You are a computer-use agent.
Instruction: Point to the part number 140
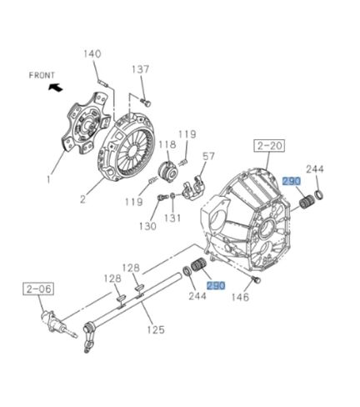92,54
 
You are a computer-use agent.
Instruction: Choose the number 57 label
209,156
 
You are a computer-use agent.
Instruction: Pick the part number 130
147,226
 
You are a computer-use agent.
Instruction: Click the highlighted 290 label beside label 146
217,285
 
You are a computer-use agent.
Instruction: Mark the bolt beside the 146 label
254,282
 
